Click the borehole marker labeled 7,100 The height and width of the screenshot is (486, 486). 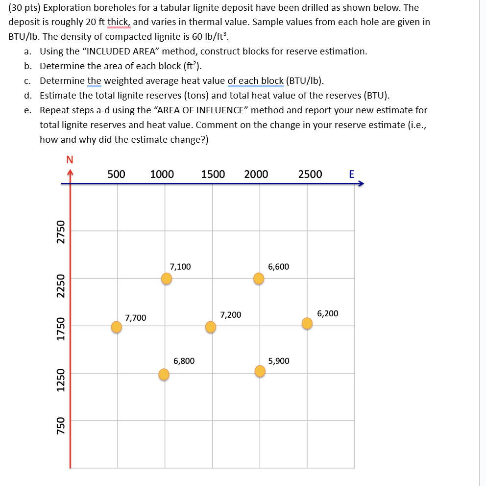(167, 279)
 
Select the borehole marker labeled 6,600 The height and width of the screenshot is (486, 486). (259, 279)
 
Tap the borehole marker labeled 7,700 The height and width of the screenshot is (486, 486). (117, 327)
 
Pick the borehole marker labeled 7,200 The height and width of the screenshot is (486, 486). (211, 327)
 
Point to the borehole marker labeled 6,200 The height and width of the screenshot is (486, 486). (307, 323)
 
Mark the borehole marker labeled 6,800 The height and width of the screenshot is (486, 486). (164, 375)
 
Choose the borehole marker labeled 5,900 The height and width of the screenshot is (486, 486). (260, 371)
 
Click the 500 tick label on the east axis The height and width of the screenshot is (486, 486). (116, 174)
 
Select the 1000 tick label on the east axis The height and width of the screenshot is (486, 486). (162, 174)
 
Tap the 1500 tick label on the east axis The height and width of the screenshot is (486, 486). (213, 174)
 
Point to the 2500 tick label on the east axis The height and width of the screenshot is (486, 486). (310, 174)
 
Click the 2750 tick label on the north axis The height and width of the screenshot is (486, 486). (61, 231)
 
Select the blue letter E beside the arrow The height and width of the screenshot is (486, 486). (351, 174)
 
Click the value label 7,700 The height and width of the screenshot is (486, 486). (136, 318)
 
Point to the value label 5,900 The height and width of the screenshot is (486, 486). (279, 361)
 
